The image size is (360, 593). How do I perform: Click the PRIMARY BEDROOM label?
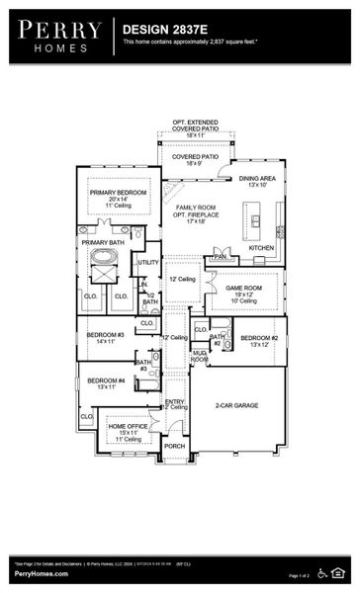coord(118,193)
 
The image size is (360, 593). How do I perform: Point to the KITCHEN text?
coord(260,247)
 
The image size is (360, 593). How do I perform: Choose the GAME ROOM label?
coord(243,288)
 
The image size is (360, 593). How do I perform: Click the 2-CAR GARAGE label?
coord(236,404)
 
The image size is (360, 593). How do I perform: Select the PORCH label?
coord(174,446)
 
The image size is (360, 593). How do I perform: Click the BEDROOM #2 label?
coord(259,339)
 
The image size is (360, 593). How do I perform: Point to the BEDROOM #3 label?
coord(105,335)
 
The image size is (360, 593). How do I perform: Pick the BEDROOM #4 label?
coord(106,381)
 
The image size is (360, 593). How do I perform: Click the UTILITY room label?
coord(148,262)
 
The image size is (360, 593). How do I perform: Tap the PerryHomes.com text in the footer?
coord(42,573)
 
